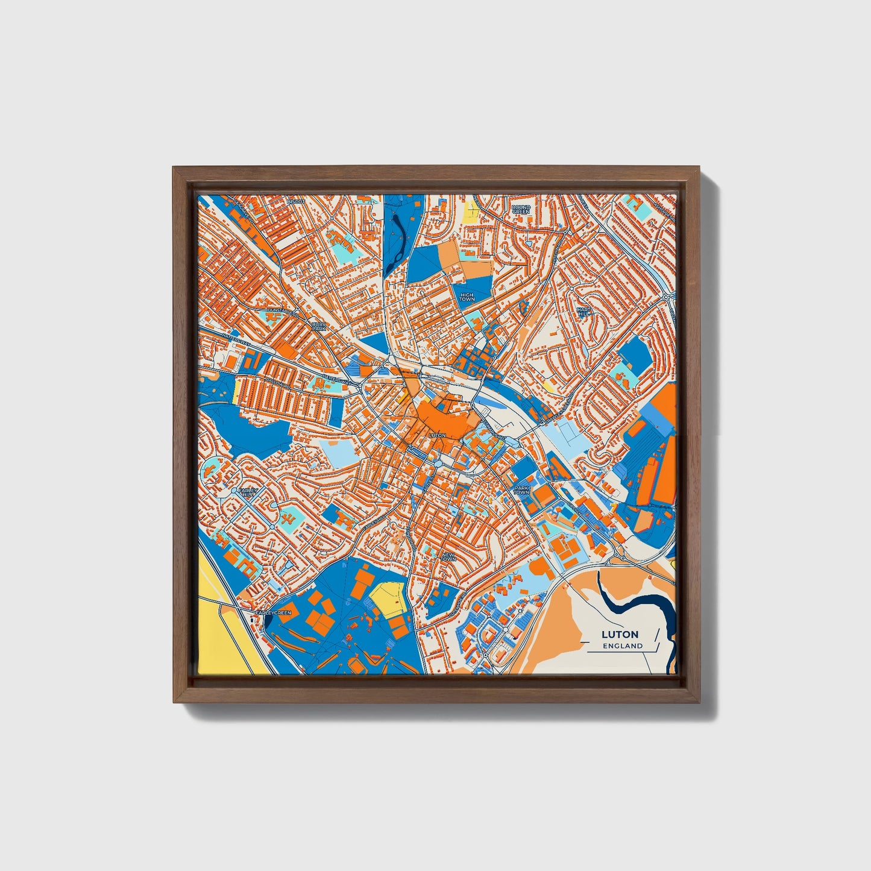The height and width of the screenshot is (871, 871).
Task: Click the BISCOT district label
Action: (x=296, y=201)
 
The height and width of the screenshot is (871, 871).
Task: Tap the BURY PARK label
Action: (x=318, y=326)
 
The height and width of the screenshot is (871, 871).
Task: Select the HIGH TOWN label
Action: (x=467, y=296)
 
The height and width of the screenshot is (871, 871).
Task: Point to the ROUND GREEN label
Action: (x=520, y=209)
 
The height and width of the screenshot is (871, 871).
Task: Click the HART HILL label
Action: (x=583, y=312)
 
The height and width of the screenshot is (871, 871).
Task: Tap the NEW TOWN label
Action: (x=448, y=557)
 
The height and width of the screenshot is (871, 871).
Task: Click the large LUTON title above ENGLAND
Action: (x=620, y=634)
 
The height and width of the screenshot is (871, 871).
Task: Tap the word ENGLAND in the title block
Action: (x=623, y=646)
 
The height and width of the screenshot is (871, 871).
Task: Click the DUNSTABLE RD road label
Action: (x=282, y=313)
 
